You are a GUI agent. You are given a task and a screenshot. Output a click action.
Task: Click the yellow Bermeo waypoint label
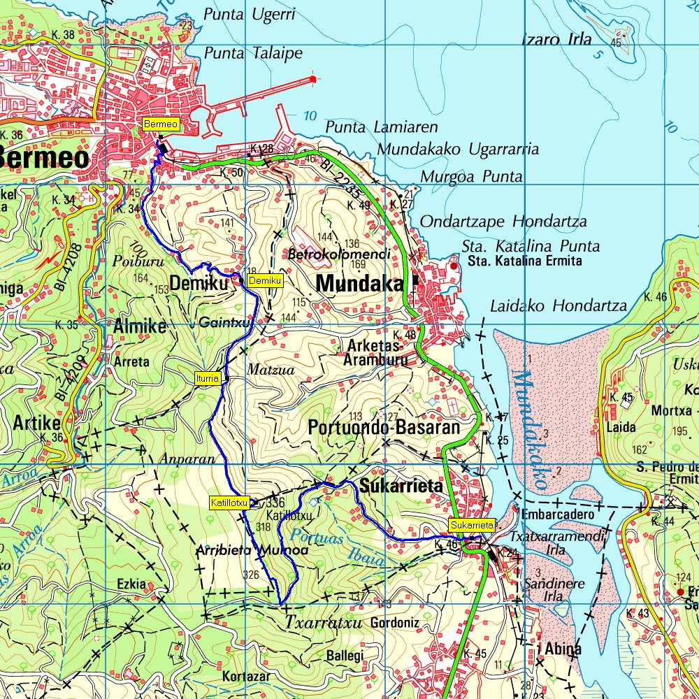pos(161,124)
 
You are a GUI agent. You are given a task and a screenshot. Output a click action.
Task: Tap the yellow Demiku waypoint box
pos(265,280)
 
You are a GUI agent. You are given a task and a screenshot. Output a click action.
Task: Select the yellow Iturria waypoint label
pos(208,378)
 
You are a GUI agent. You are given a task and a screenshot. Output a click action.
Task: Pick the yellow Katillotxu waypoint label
pos(229,502)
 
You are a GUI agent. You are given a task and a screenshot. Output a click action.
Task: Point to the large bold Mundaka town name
pos(360,284)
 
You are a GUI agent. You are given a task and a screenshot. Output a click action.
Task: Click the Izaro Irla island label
pos(557,39)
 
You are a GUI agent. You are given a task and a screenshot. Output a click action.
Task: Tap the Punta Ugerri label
pos(250,14)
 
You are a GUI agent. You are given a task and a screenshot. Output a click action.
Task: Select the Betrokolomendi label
pos(339,255)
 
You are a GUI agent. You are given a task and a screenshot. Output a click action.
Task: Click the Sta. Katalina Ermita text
pos(515,261)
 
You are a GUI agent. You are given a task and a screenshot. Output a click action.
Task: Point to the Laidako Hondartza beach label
pos(558,305)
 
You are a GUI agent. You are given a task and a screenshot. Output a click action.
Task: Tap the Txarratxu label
pos(324,621)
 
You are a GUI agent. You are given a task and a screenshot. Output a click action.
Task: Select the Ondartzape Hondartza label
pos(503,222)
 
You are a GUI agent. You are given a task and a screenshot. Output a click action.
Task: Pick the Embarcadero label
pos(556,514)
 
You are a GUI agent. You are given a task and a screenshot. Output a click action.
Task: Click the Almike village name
pos(140,326)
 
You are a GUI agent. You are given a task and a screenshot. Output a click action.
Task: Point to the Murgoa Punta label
pos(470,177)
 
